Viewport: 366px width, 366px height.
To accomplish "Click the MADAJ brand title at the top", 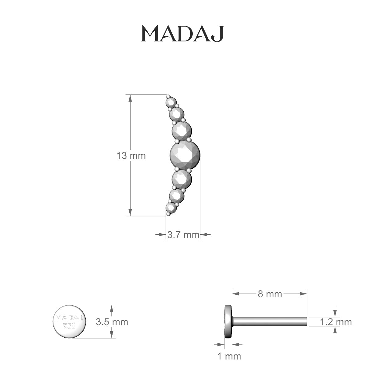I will click(x=182, y=34).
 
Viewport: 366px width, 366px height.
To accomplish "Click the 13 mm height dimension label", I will click(x=131, y=156).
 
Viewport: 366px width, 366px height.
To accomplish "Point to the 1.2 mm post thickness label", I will click(x=336, y=322).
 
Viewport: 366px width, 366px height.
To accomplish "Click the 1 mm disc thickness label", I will click(x=229, y=356).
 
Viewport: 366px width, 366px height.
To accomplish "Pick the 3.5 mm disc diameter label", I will click(x=112, y=322).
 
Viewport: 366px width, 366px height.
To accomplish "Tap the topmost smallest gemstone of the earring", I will click(x=170, y=101).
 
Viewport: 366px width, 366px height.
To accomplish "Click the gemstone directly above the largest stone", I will click(x=181, y=130).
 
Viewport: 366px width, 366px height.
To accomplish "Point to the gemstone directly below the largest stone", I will click(x=181, y=178).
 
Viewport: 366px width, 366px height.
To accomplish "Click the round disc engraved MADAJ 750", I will click(x=70, y=321).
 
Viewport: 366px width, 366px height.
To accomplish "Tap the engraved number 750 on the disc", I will click(x=69, y=326).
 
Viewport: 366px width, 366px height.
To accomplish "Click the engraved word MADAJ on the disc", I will click(x=70, y=318).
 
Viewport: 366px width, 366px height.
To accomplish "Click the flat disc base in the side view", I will click(x=228, y=321).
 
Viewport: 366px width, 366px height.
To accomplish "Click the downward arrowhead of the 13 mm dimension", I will click(x=130, y=212).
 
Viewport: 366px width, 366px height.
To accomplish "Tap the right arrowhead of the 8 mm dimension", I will click(x=304, y=294).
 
